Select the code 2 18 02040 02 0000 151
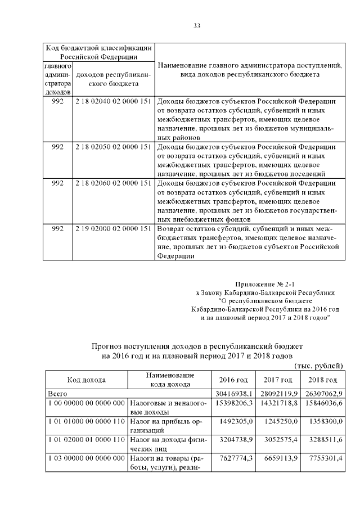click(x=113, y=101)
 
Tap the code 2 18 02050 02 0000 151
click(x=113, y=147)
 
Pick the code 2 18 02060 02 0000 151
click(x=113, y=183)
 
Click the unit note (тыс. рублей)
click(x=318, y=366)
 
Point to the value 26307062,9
click(x=321, y=393)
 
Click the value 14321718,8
click(x=277, y=403)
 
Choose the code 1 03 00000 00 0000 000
click(x=87, y=459)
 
